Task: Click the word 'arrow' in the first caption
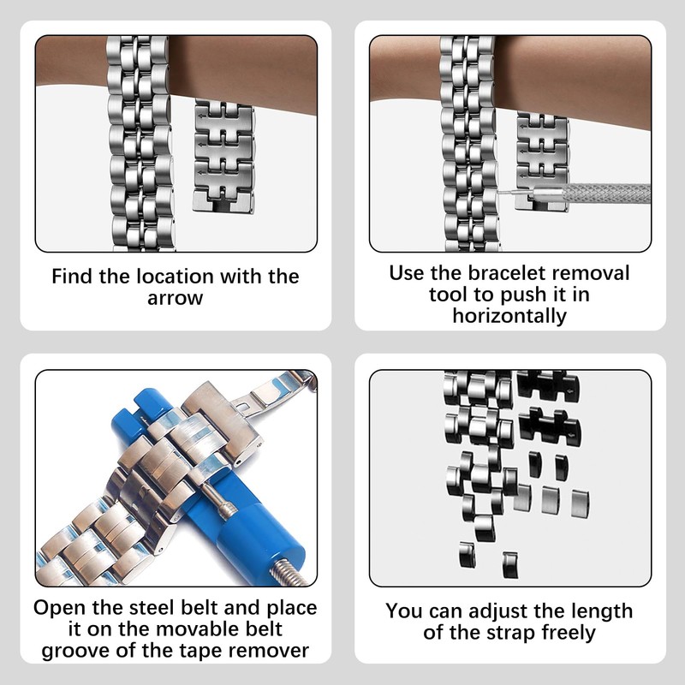click(176, 298)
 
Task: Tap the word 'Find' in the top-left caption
click(72, 277)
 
